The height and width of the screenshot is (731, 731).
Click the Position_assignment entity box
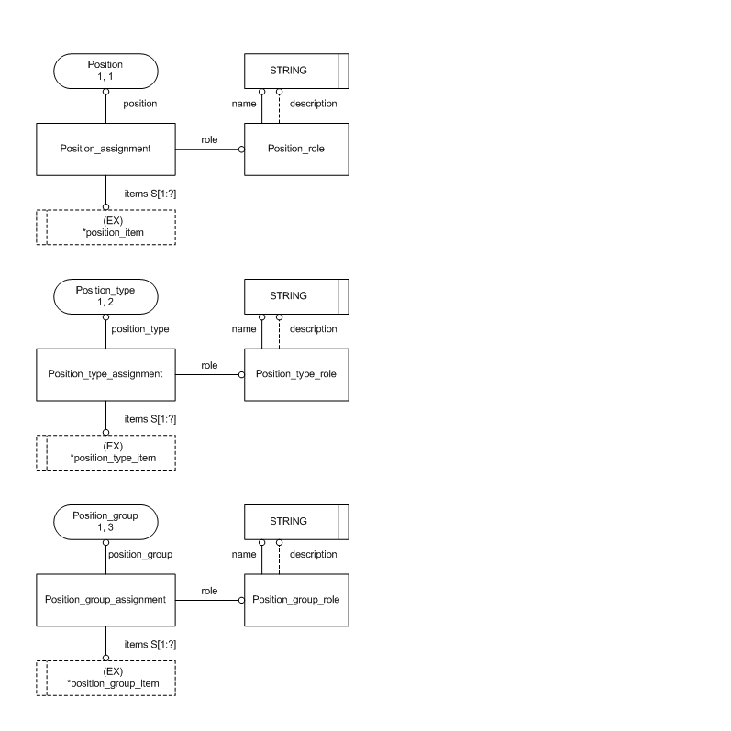[105, 149]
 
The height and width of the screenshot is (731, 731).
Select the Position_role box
[296, 149]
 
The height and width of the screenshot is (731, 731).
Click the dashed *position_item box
[105, 227]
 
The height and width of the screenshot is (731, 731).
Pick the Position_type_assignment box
[105, 374]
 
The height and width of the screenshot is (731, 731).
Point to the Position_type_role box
[296, 374]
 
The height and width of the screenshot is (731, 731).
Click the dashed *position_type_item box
[105, 453]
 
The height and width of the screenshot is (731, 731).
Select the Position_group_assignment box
[105, 600]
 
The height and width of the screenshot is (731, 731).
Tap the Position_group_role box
[296, 600]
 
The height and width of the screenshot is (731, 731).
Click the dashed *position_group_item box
[105, 679]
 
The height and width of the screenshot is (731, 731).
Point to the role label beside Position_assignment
[209, 138]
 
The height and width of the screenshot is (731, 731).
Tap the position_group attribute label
[140, 554]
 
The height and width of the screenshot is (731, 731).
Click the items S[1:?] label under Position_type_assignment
[150, 418]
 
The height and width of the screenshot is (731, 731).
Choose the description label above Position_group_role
[313, 554]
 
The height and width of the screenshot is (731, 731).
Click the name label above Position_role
[243, 104]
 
